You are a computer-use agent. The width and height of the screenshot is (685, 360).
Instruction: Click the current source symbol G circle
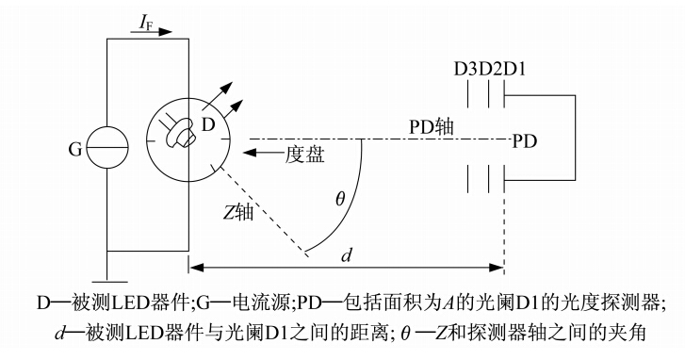coord(107,127)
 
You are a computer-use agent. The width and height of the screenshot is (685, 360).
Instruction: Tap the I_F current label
coord(146,24)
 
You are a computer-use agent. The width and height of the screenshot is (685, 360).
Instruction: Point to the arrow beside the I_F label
coord(151,32)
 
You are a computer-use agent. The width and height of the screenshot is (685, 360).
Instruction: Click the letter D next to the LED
coord(208,125)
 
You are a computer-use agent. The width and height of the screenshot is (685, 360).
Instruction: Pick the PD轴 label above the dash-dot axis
coord(431,127)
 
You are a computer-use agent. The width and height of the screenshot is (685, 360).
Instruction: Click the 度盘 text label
coord(304,155)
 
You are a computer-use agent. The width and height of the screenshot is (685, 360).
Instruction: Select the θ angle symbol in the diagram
coord(340,199)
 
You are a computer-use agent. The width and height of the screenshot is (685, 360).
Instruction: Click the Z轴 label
coord(238,212)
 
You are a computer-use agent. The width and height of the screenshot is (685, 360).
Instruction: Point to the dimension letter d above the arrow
coord(346,254)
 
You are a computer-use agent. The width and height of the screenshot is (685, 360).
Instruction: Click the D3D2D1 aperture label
coord(489,70)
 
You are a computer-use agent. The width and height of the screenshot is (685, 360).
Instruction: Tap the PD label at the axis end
coord(524,141)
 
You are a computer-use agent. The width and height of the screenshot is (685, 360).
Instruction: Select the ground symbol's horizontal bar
coord(107,283)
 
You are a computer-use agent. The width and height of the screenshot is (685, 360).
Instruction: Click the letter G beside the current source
coord(75,150)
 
